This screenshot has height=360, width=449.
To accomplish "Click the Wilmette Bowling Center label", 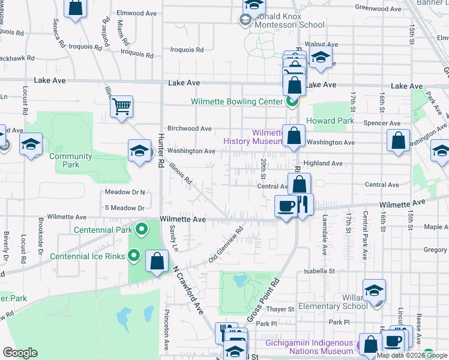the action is (237, 101).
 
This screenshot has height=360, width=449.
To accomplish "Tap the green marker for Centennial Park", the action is (142, 229).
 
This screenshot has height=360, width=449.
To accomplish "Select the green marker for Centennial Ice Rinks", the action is (135, 256).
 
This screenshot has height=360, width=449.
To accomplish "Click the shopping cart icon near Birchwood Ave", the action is (121, 107).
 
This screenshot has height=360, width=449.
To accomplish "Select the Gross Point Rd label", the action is (264, 299).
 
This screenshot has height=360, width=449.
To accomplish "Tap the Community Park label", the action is (71, 160).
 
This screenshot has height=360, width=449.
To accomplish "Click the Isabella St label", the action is (319, 271).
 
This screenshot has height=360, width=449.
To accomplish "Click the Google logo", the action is (20, 353).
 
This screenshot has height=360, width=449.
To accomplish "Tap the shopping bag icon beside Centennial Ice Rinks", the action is (157, 262).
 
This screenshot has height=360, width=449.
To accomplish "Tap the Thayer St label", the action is (281, 309).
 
